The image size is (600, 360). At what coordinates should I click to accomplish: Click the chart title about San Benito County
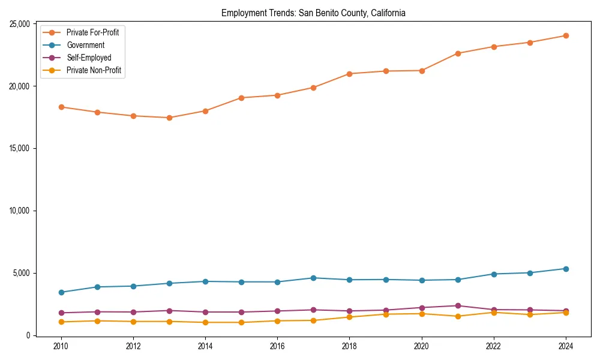point(313,13)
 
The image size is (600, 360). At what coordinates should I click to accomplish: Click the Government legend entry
point(85,45)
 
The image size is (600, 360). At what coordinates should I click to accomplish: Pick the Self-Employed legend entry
point(89,58)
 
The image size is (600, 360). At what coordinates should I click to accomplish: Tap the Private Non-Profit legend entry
point(94,70)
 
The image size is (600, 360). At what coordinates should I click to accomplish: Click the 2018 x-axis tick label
point(349,346)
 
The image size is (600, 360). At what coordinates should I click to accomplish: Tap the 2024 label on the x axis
point(565,346)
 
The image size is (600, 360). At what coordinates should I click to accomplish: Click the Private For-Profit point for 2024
point(565,35)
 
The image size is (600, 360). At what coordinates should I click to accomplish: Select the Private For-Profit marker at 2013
point(169,118)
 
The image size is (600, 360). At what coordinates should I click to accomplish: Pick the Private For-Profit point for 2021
point(457,53)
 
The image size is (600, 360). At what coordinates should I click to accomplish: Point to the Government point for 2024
point(565,269)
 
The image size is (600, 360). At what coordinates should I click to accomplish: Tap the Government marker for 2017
point(313,278)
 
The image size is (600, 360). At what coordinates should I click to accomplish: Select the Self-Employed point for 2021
point(457,306)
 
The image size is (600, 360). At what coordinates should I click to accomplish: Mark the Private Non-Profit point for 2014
point(205,322)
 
